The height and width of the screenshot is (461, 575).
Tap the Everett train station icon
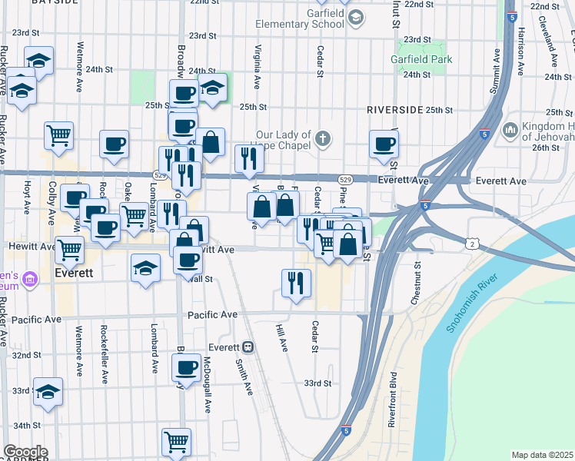(248, 347)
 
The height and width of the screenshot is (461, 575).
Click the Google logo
(25, 452)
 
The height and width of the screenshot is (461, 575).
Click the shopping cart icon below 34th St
(176, 443)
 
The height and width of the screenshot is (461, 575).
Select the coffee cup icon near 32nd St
(185, 367)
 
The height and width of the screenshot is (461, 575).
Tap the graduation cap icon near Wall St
(145, 269)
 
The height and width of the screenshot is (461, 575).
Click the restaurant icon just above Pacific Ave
(295, 283)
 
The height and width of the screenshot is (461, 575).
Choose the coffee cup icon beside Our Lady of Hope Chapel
(383, 144)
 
